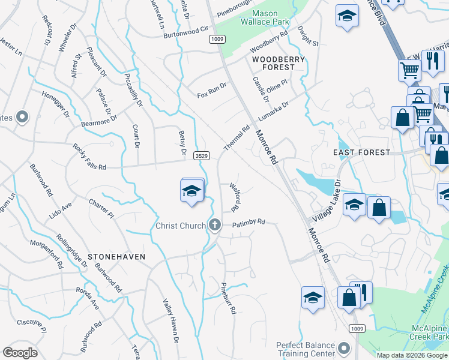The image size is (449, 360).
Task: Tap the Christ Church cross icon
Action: click(215, 226)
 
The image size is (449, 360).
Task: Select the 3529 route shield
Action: click(202, 155)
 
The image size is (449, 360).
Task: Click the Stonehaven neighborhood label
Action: click(116, 256)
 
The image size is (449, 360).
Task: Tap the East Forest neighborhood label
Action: click(361, 152)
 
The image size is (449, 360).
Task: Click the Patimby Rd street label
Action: click(249, 222)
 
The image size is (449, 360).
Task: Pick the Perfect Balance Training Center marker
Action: click(344, 348)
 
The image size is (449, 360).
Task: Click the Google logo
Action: click(20, 353)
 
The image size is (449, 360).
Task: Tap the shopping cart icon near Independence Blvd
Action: click(409, 71)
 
